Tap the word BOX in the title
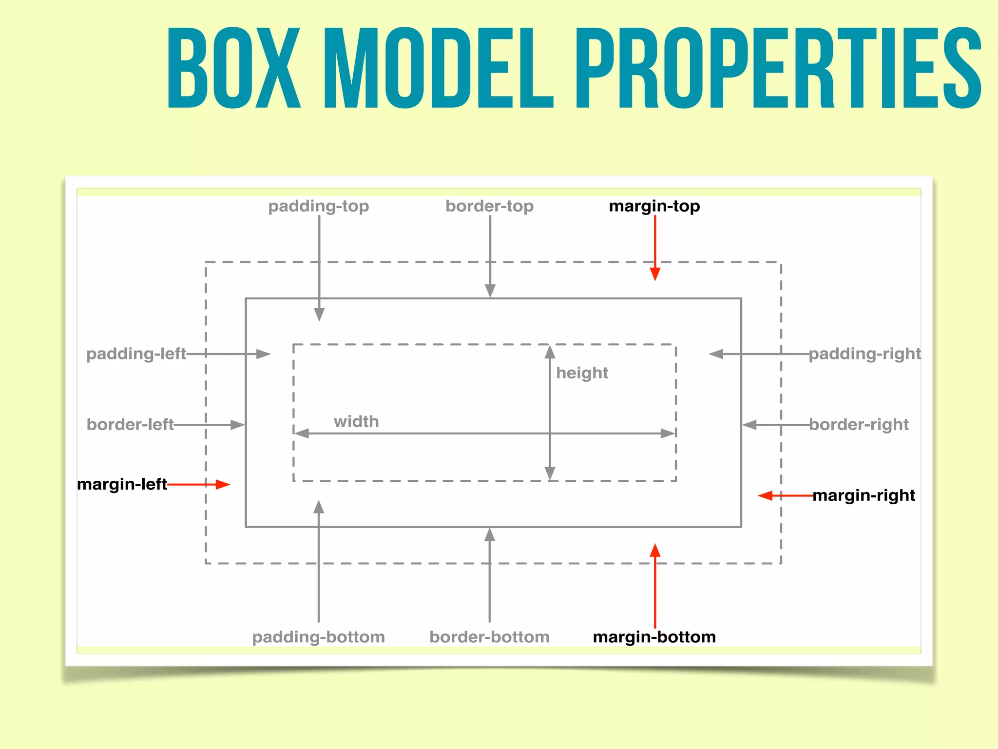pos(234,68)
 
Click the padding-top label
pos(319,206)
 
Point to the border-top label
pos(489,206)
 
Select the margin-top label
pos(654,206)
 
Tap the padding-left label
pos(136,354)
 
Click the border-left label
pos(130,424)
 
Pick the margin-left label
pos(122,484)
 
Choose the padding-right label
pos(865,354)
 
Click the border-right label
pos(859,424)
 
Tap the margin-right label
pos(864,495)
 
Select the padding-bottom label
pos(319,637)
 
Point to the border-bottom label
pos(489,637)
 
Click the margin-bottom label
pos(654,637)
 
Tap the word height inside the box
pos(582,373)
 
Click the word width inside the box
pos(356,421)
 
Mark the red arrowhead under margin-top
pos(655,274)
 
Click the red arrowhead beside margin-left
pos(223,484)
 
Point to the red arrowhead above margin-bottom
pos(655,551)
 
